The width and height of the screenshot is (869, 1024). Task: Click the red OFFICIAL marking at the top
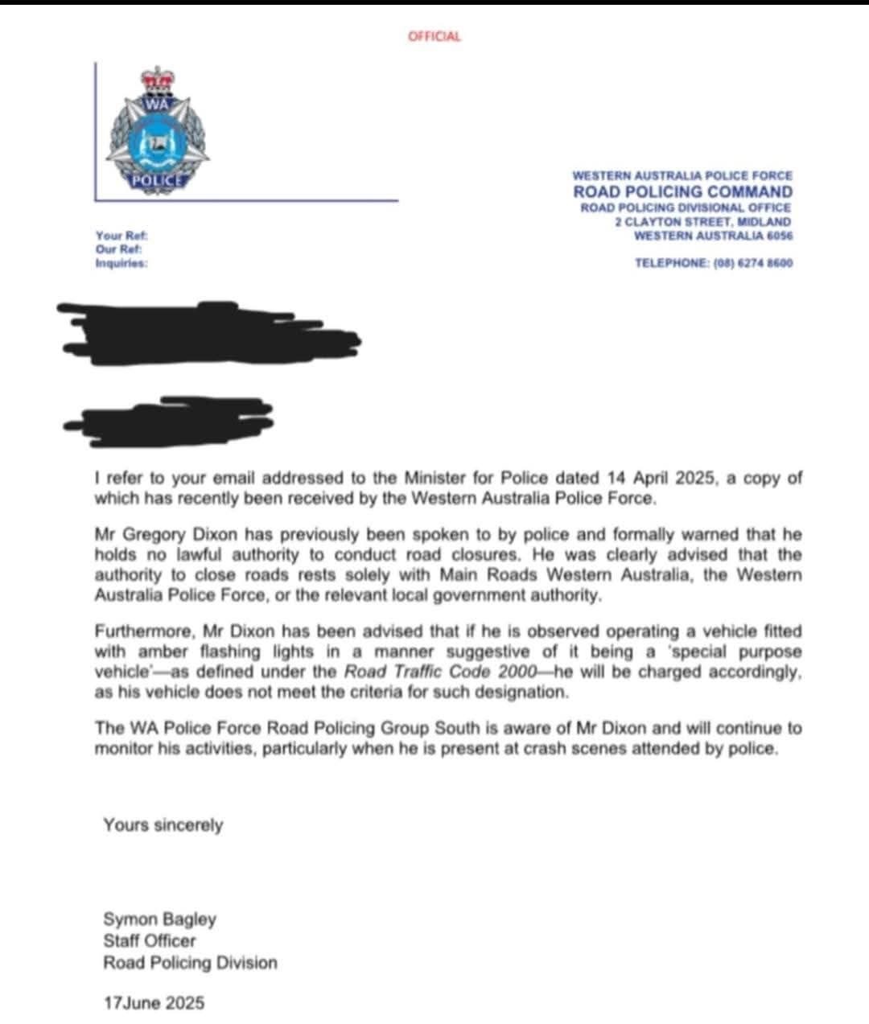coord(434,36)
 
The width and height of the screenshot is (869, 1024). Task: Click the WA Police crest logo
coord(159,133)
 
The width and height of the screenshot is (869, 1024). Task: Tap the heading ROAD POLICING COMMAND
coord(682,191)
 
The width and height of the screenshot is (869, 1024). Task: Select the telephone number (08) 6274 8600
coord(753,262)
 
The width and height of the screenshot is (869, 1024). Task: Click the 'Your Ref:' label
coord(121,236)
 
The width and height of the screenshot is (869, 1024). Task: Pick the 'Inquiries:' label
coord(121,262)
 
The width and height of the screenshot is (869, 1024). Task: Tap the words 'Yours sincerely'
coord(163,825)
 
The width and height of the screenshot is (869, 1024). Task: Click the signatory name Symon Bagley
coord(159,919)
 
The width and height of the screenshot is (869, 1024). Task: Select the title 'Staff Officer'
coord(149,940)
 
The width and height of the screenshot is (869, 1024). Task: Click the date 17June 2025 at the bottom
coord(154,1003)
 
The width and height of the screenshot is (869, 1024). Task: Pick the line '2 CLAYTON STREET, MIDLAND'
coord(702,221)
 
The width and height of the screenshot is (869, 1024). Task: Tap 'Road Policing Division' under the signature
coord(190,962)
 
